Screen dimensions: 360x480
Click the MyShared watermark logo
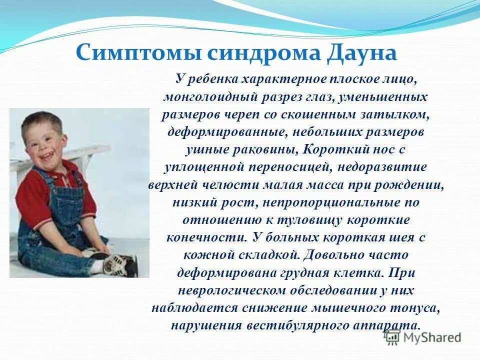click(423, 337)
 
